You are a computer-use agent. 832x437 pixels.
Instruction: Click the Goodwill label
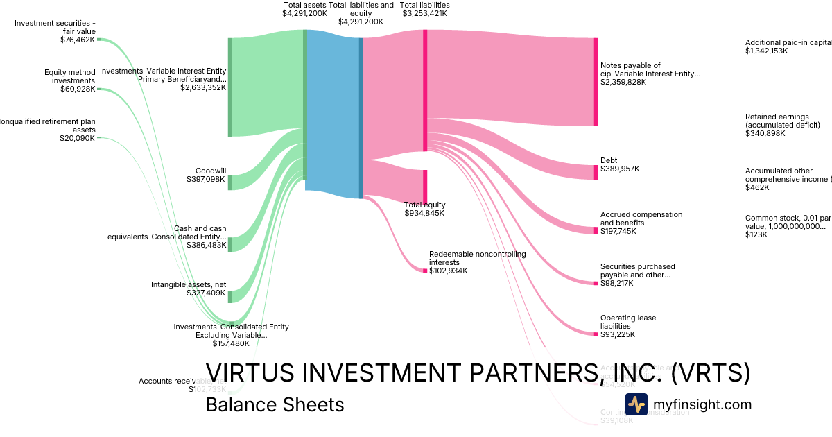coord(211,170)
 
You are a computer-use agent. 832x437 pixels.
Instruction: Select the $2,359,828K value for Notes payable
coord(623,82)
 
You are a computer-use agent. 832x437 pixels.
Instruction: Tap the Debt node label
coord(609,160)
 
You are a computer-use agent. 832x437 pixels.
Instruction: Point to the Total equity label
coord(424,205)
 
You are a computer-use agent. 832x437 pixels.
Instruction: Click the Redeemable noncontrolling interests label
coord(477,258)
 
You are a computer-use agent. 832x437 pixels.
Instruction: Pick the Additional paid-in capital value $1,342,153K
coord(766,51)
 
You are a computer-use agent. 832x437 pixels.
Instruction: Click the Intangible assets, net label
coord(189,284)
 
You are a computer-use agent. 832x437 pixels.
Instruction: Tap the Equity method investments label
coord(70,76)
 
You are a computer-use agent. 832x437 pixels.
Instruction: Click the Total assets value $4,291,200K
coord(304,13)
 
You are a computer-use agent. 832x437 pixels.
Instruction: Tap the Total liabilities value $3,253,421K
coord(424,13)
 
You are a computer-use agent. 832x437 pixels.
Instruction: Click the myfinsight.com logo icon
coord(636,404)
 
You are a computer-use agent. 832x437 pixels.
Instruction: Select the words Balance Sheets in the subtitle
coord(275,404)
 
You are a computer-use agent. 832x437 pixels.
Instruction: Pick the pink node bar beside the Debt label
coord(596,172)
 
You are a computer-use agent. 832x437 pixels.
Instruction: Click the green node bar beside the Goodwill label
coord(230,182)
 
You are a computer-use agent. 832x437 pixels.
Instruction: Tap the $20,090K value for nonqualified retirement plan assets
coord(78,138)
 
